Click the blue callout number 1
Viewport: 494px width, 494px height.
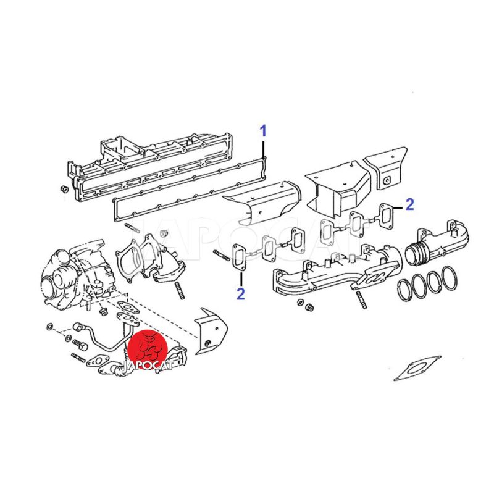(263, 131)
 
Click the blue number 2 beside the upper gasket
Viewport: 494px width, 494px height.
(409, 205)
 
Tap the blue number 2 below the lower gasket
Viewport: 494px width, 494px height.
(240, 294)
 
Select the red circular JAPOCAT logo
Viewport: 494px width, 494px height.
(148, 350)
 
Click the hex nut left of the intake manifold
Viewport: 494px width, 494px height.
(64, 190)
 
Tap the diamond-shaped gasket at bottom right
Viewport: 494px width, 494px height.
(417, 368)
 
